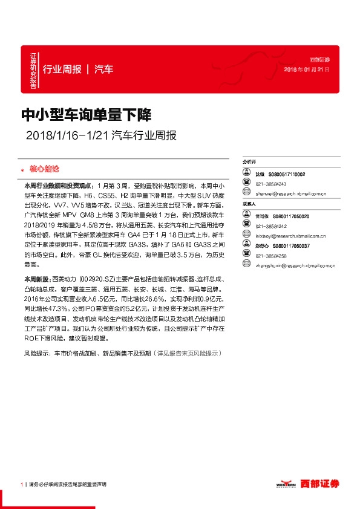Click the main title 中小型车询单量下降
pos(86,114)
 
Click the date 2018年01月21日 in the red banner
pos(307,70)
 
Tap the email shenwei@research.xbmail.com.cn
pos(291,194)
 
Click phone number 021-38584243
pos(270,184)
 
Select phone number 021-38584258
pos(270,255)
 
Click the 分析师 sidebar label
pos(249,163)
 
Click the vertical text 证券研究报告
pos(33,70)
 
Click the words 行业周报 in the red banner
pos(62,69)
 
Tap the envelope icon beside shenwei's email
pos(246,194)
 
